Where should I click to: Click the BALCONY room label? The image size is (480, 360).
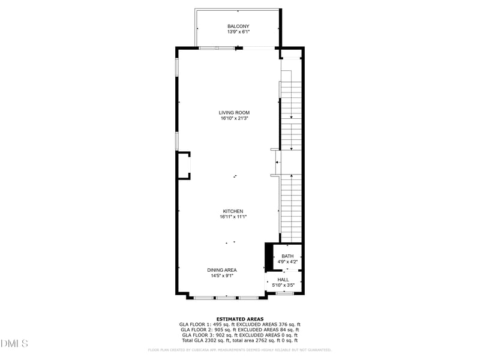[238, 26]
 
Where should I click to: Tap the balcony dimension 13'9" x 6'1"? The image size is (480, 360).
[238, 32]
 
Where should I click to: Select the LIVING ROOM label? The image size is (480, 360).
[234, 113]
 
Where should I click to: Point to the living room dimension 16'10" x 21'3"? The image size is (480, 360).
[234, 119]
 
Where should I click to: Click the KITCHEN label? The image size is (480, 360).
[233, 211]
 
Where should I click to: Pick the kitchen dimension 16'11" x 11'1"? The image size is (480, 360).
[233, 217]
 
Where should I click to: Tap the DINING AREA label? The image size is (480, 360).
[222, 270]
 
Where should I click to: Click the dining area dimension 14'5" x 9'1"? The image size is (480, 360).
[222, 276]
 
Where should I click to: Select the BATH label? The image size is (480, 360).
[287, 256]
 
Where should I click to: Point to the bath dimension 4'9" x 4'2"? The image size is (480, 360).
[287, 262]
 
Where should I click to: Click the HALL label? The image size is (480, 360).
[283, 280]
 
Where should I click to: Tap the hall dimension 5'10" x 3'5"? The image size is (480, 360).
[283, 286]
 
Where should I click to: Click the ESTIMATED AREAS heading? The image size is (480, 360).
[239, 319]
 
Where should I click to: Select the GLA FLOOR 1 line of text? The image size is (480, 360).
[239, 325]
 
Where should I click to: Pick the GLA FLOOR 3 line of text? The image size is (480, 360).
[239, 335]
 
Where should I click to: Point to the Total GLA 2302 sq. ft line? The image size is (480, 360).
[239, 341]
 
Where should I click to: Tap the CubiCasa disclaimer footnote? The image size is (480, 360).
[239, 350]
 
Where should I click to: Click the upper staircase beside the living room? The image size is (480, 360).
[291, 114]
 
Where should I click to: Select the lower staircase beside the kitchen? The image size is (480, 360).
[291, 207]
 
